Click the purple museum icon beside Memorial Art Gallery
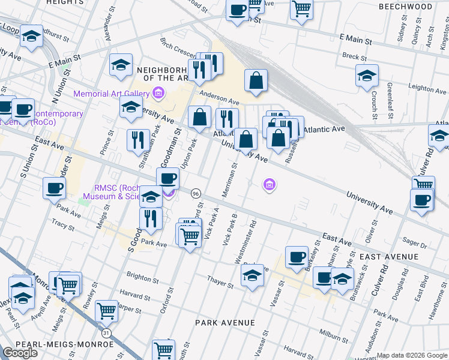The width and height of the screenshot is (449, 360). [x=158, y=93]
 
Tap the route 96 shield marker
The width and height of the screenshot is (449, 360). [x=196, y=193]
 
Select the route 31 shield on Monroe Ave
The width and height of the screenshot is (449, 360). [x=106, y=332]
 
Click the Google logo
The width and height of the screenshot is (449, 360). [x=20, y=353]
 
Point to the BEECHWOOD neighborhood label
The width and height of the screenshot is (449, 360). [x=405, y=7]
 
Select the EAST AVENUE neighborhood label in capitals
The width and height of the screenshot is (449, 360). [x=388, y=257]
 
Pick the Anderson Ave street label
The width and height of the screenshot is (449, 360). [x=219, y=94]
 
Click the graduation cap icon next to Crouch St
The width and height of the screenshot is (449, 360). [x=367, y=76]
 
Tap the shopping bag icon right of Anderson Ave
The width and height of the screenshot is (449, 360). [x=256, y=80]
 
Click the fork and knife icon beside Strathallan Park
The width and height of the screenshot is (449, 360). [x=138, y=140]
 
